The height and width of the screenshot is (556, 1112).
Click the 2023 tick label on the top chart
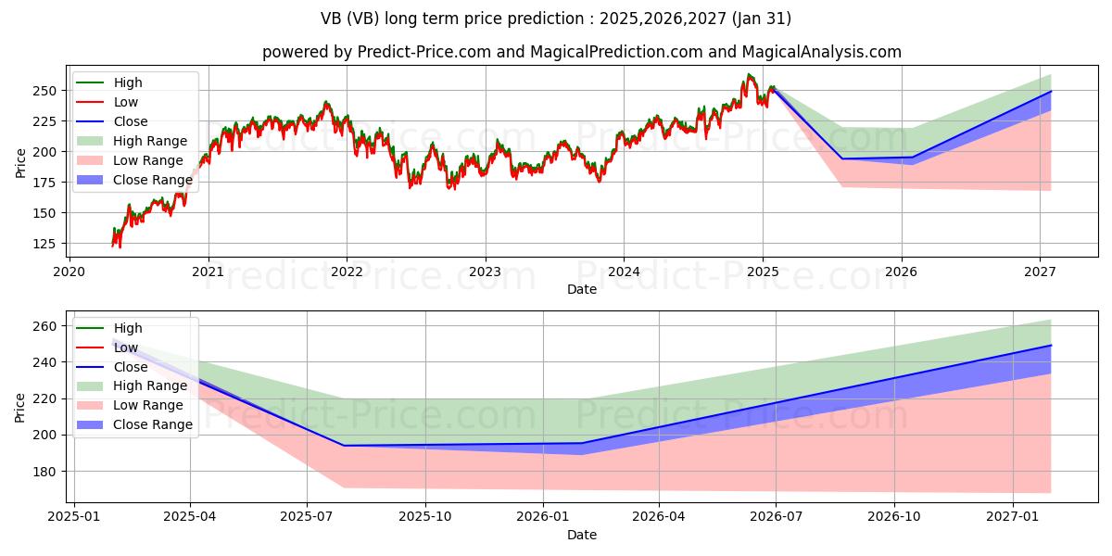click(x=485, y=272)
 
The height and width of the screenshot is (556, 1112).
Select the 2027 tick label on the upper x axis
click(x=1040, y=272)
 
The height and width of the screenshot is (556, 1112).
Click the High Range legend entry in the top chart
click(x=149, y=141)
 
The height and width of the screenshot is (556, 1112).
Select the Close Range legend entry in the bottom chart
click(x=152, y=424)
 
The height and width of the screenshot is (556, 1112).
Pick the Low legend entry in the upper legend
click(x=126, y=102)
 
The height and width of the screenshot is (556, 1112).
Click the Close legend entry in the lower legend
click(x=130, y=367)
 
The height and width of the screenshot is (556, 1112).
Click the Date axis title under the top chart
click(x=581, y=289)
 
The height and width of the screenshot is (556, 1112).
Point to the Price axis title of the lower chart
click(x=21, y=406)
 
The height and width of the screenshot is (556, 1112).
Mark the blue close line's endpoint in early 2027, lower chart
click(x=1051, y=345)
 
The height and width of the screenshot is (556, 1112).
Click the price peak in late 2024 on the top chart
click(x=749, y=75)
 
